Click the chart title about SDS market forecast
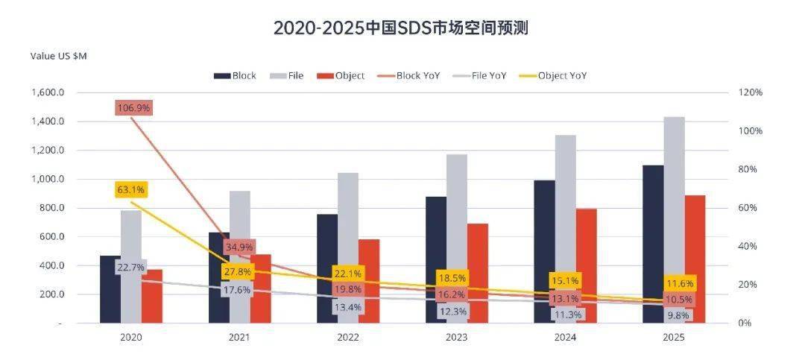point(402,28)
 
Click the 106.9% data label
point(134,108)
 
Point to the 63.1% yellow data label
point(132,189)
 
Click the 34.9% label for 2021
point(239,247)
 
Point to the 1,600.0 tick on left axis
point(49,92)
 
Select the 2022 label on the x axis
point(347,337)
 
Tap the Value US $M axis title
point(59,56)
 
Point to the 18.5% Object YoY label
point(455,277)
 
